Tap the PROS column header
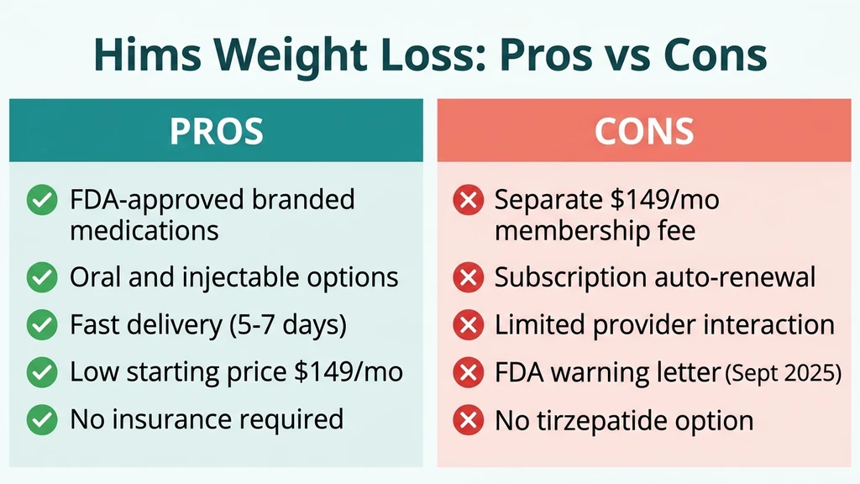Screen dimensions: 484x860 click(x=216, y=131)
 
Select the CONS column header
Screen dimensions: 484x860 click(x=644, y=131)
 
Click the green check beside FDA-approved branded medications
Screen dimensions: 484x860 click(x=39, y=201)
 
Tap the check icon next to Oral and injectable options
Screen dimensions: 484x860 click(x=39, y=276)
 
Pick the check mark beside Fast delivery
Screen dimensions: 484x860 click(x=39, y=324)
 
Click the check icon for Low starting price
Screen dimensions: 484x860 click(x=39, y=371)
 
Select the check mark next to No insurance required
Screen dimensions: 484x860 click(x=39, y=418)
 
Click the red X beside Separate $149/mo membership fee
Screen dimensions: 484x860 click(x=466, y=201)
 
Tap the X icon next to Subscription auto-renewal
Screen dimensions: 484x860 click(x=466, y=276)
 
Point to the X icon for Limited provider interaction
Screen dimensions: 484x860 click(x=466, y=324)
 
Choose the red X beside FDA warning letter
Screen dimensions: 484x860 click(x=466, y=371)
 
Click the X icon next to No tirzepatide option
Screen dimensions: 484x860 click(x=466, y=418)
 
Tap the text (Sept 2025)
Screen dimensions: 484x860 click(x=784, y=372)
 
